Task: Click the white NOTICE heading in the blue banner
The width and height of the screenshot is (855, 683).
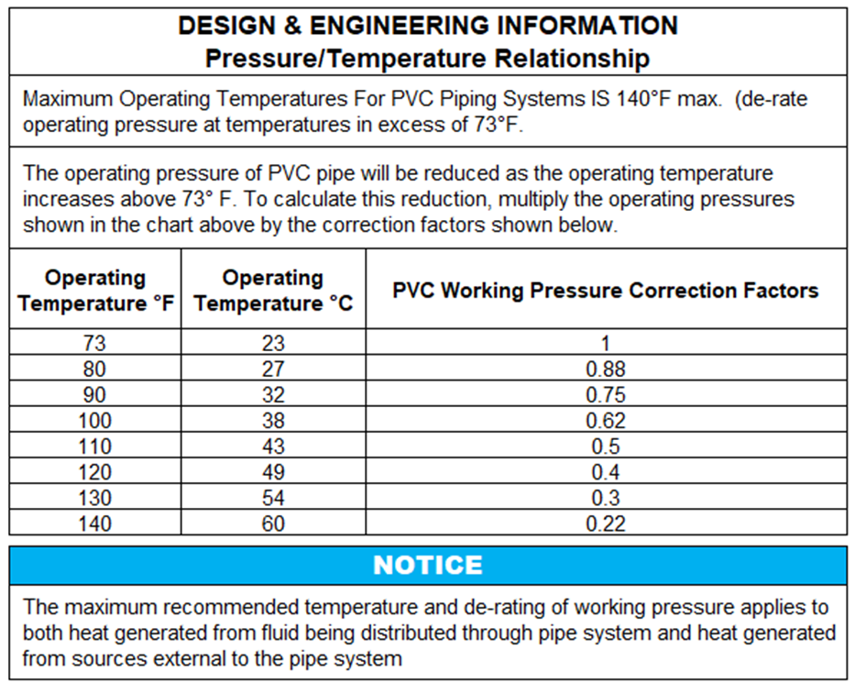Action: point(427,565)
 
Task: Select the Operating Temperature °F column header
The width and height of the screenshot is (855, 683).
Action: point(95,290)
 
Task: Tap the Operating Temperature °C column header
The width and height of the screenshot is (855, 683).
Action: point(273,290)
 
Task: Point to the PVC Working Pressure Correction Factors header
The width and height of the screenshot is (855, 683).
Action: point(605,290)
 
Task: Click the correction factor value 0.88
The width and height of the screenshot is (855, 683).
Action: point(605,369)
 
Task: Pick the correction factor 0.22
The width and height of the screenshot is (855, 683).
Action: point(605,523)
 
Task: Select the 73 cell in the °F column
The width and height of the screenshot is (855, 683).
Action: point(95,344)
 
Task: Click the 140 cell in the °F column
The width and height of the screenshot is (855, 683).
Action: point(95,523)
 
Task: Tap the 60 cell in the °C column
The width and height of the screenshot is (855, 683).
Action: point(273,523)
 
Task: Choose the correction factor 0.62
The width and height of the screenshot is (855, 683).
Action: point(605,421)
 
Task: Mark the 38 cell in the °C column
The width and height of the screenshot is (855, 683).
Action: point(273,421)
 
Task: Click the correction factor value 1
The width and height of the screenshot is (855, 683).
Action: point(605,344)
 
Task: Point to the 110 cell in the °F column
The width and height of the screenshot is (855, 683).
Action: point(95,446)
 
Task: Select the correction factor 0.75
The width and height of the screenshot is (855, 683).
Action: point(605,395)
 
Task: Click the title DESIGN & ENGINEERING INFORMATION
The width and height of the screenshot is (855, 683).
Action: point(427,26)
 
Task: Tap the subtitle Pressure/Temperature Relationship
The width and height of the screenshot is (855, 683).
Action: point(427,58)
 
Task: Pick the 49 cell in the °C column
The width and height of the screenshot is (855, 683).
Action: point(273,472)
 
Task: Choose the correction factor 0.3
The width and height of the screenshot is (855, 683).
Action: point(605,498)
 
